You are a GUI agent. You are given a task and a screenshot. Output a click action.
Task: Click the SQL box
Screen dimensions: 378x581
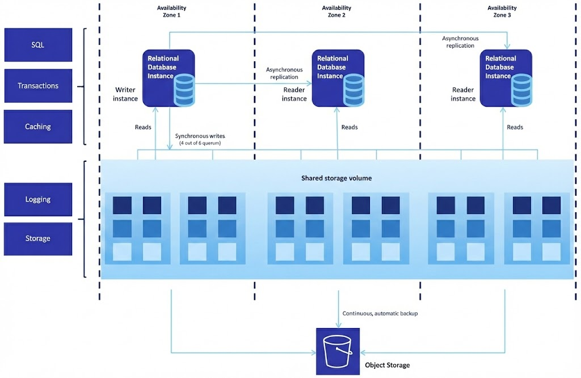(x=38, y=45)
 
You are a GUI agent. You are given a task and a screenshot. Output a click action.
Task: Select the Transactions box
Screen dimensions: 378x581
(x=38, y=86)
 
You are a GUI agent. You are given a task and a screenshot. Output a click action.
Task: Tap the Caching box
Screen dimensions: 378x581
(x=38, y=127)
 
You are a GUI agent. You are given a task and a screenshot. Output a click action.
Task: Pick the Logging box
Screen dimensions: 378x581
(x=38, y=199)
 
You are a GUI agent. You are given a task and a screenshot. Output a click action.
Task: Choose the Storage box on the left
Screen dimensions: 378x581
(x=38, y=238)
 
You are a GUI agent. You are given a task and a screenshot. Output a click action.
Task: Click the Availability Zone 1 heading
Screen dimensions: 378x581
(x=171, y=11)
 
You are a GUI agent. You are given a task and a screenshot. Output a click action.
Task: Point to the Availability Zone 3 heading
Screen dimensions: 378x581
(x=502, y=11)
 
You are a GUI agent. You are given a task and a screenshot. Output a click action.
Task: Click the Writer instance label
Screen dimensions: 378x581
(x=126, y=94)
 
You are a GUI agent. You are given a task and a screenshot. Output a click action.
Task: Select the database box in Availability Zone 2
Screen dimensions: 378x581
(x=338, y=78)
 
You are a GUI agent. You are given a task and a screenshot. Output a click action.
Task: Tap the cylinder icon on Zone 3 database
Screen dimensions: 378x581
(x=522, y=90)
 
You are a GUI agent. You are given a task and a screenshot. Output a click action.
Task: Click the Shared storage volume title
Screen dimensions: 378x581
(x=336, y=178)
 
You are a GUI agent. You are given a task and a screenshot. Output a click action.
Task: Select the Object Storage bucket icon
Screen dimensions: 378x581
(x=338, y=352)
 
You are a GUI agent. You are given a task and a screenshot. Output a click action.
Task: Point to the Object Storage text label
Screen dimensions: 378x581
(x=387, y=365)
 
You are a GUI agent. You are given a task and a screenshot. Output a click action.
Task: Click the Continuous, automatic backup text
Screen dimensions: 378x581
(x=380, y=313)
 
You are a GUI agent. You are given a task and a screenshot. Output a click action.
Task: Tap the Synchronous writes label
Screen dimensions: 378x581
(x=200, y=136)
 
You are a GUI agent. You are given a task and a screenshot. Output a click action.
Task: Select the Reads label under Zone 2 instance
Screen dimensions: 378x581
(x=349, y=127)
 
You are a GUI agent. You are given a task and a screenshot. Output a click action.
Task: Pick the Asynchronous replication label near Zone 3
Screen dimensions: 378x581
(x=460, y=42)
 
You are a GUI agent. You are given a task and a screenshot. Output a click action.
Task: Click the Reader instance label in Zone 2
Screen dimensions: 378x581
(x=294, y=94)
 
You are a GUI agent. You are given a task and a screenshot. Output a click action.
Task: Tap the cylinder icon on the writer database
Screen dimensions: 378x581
(x=184, y=90)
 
